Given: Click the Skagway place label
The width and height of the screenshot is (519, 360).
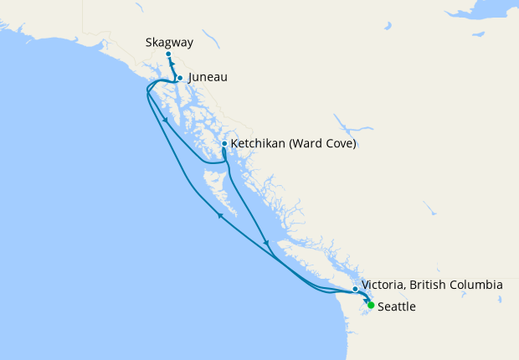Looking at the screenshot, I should (x=169, y=41).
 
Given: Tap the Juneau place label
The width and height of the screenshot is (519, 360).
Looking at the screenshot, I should (x=208, y=78).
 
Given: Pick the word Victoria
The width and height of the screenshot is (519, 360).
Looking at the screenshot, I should (x=387, y=285).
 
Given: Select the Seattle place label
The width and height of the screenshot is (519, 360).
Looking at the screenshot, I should (x=397, y=307).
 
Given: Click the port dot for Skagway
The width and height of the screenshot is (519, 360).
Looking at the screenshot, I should (x=168, y=54).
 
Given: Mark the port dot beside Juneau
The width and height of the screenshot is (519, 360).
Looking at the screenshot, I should (x=180, y=78).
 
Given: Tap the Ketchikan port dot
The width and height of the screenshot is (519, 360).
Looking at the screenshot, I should (x=224, y=144).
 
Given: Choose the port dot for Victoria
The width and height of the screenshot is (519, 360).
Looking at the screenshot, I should (x=356, y=289).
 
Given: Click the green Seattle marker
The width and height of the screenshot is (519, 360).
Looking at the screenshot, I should (x=371, y=305).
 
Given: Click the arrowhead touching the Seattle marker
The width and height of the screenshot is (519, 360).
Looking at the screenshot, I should (x=366, y=301).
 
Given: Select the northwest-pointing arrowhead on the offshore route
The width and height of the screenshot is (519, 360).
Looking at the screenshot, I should (x=221, y=216).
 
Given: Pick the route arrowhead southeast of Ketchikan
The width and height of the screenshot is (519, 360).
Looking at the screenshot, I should (x=266, y=244).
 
